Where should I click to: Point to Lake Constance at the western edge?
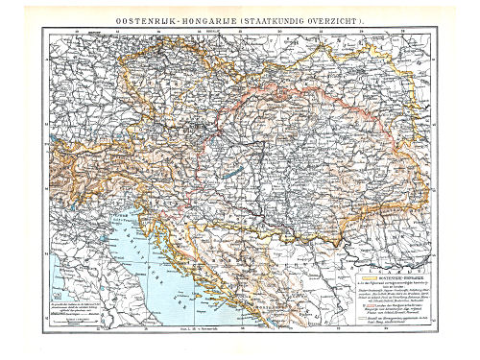[x=60, y=135]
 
